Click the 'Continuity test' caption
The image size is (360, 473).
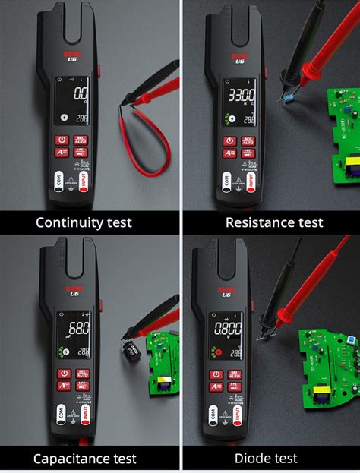(84, 222)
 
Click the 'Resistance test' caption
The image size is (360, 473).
(274, 222)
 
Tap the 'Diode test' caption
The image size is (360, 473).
(266, 459)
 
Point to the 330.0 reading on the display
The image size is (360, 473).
(248, 96)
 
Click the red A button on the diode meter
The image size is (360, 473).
(217, 387)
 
